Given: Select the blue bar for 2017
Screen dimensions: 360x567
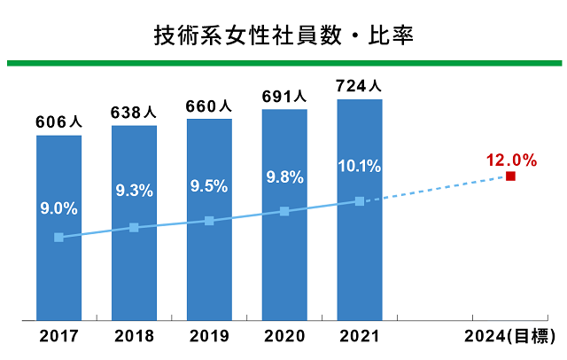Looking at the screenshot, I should (58, 266).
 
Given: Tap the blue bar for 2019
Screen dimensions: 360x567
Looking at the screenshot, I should (209, 266).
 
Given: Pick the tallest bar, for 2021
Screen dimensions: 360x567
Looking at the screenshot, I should (360, 266).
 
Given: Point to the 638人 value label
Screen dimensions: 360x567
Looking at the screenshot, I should (134, 113).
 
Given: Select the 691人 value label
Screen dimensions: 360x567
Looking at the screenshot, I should (284, 97).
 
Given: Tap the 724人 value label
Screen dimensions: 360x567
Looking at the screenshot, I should (360, 87).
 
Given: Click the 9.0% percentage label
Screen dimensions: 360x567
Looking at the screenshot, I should (58, 209).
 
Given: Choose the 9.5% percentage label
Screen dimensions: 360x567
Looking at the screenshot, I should (209, 186).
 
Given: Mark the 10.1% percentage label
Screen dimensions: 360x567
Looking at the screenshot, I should (360, 166).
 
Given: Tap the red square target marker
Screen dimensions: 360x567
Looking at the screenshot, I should (511, 176).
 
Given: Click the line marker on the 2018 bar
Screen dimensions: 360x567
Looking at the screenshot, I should (134, 228).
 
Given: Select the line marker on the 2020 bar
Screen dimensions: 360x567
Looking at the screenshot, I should (284, 211).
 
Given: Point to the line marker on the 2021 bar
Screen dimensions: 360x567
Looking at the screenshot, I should (360, 201).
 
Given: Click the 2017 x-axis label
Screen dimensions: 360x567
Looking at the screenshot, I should (58, 336).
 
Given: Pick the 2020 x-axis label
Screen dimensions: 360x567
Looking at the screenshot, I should (284, 336).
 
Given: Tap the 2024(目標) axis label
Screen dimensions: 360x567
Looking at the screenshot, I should (512, 336).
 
